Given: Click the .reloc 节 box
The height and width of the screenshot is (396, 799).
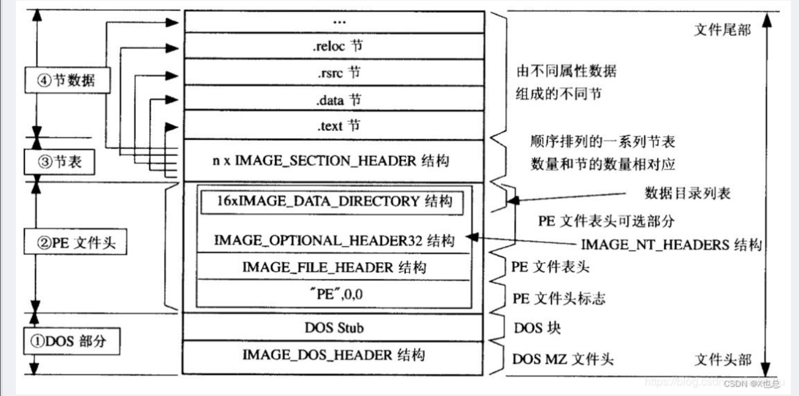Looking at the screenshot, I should (x=334, y=46).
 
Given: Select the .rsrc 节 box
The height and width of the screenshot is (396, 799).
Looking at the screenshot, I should (x=334, y=72).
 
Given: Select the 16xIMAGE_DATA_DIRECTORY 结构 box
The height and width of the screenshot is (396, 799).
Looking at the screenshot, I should (x=334, y=202).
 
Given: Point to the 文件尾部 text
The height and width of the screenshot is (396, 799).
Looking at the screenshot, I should (x=722, y=30).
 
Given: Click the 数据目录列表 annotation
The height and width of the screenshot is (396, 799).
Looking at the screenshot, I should (x=687, y=193).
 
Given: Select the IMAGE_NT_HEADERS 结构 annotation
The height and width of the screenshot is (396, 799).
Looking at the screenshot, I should (x=671, y=245).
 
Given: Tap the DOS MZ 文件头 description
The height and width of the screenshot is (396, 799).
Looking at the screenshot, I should (x=563, y=359).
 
